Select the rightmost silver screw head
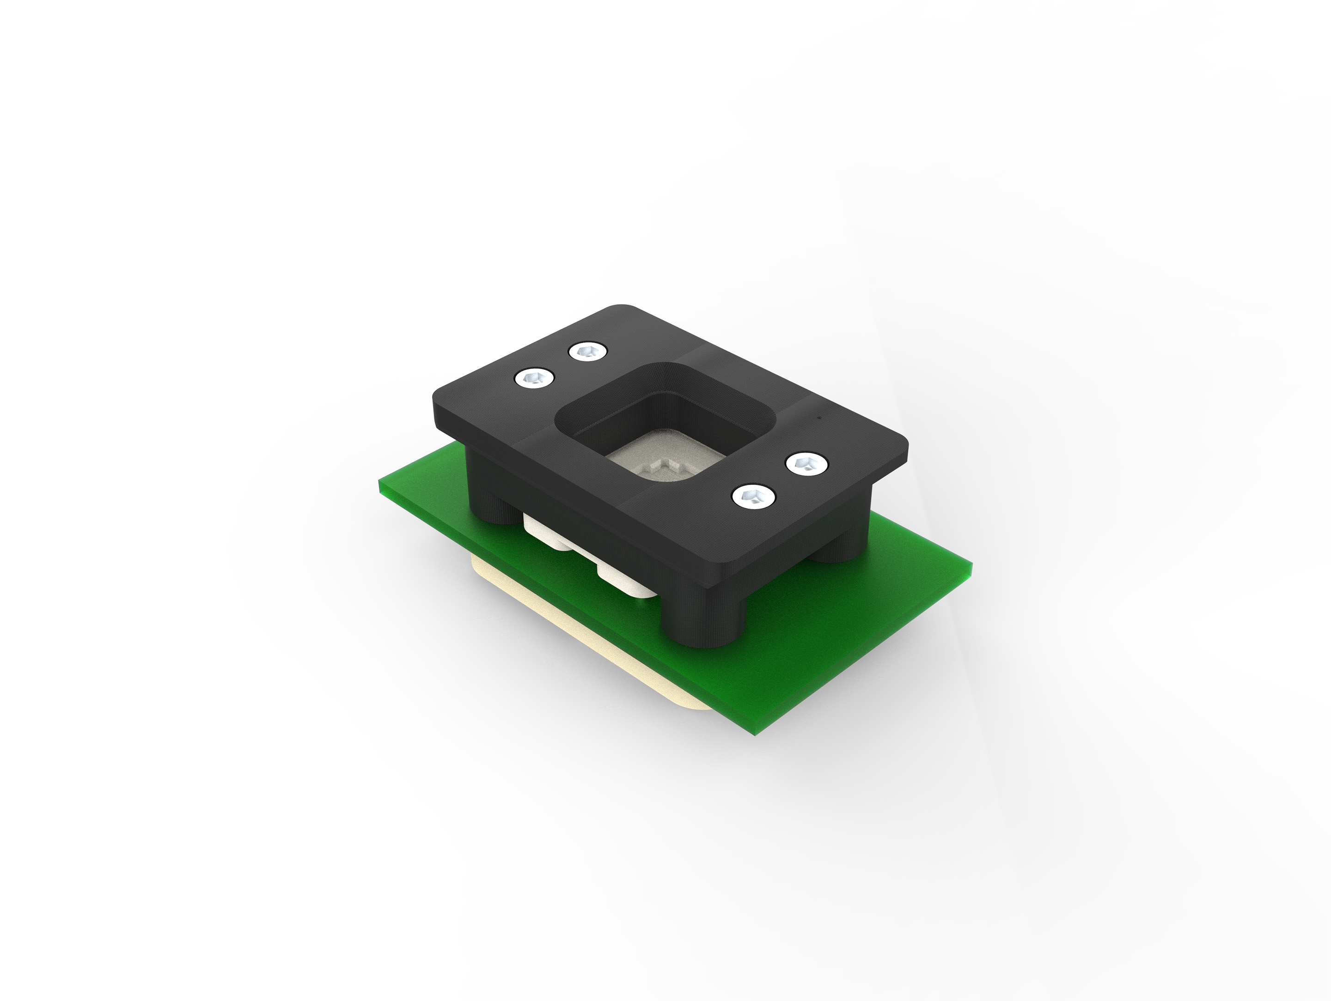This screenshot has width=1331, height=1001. [x=807, y=464]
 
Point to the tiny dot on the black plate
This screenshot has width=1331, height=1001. [x=819, y=416]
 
